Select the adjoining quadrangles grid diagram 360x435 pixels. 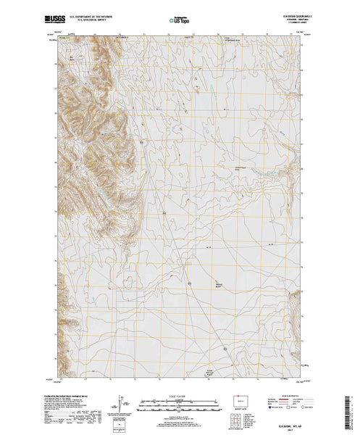(239, 414)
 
